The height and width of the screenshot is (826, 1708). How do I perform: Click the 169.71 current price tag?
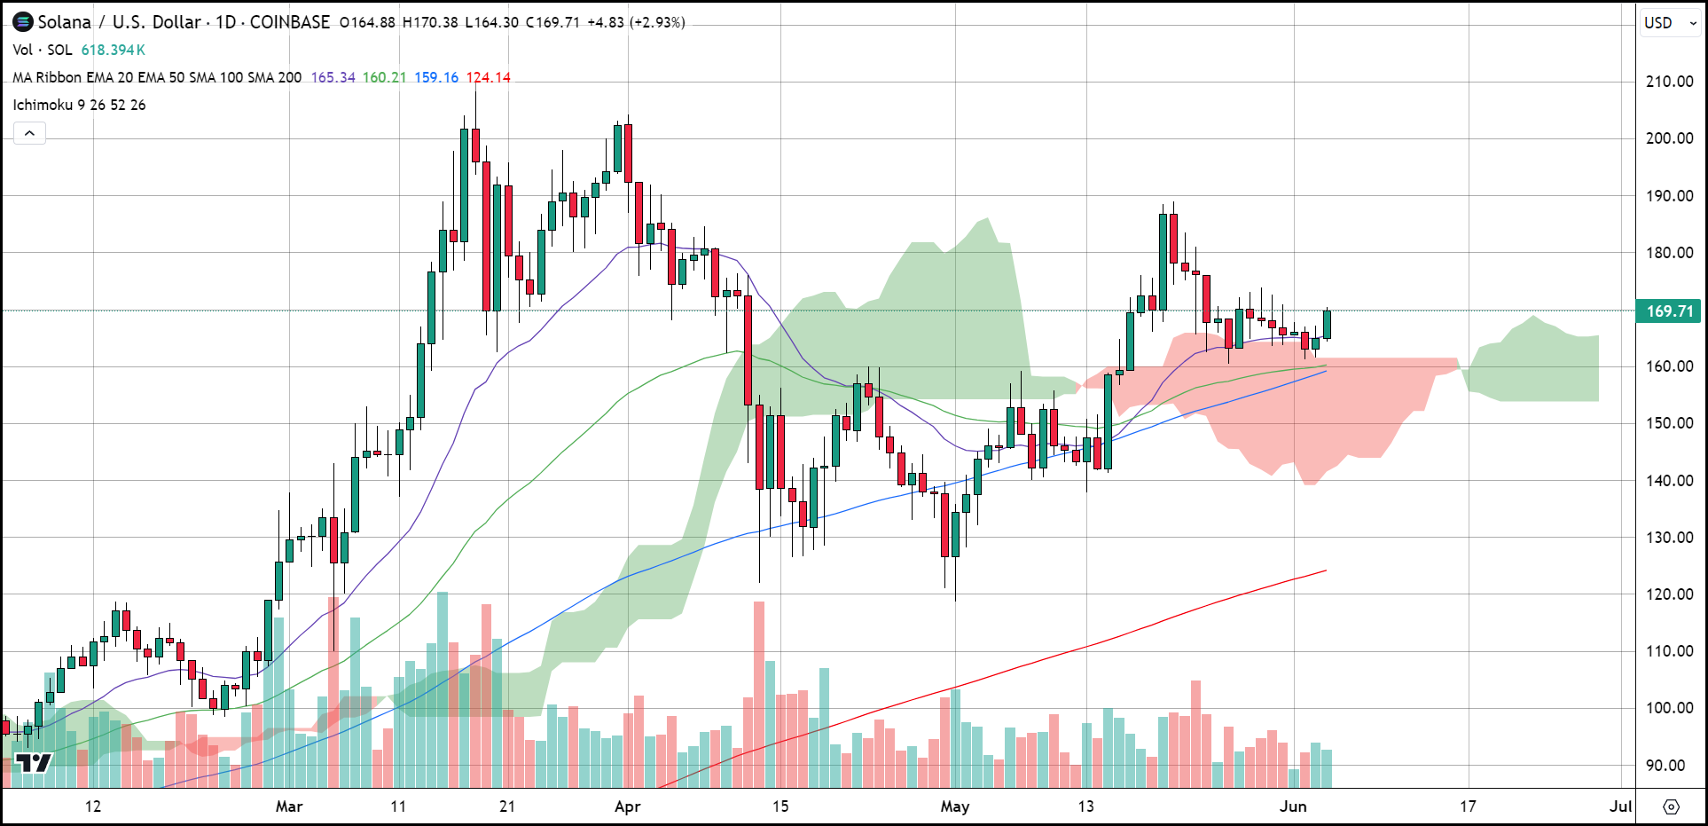(x=1670, y=311)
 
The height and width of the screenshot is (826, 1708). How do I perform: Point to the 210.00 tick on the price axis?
(x=1670, y=82)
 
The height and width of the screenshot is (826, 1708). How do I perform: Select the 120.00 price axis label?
(x=1670, y=594)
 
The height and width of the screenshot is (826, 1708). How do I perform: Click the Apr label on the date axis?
(x=627, y=806)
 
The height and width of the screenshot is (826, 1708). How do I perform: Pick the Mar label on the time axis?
(x=289, y=806)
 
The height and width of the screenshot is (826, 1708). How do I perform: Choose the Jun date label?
(x=1293, y=806)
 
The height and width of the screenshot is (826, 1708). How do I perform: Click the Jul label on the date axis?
(x=1620, y=806)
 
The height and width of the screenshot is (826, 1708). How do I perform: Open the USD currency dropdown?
(x=1670, y=23)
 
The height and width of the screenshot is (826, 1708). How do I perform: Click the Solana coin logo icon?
(x=22, y=22)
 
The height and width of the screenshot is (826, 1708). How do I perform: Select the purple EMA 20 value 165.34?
(x=333, y=77)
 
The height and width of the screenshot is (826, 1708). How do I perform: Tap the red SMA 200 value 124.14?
(x=489, y=77)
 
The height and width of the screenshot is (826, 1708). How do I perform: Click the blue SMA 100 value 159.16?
(x=436, y=77)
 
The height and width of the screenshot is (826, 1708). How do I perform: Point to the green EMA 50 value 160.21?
(x=384, y=77)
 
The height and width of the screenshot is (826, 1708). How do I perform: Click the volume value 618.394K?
(x=114, y=51)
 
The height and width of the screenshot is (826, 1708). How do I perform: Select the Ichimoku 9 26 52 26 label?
(x=79, y=105)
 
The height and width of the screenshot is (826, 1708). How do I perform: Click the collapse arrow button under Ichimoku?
(x=29, y=133)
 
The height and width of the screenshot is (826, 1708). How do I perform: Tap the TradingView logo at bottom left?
(x=34, y=763)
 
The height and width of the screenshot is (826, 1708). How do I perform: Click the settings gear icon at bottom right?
(x=1671, y=806)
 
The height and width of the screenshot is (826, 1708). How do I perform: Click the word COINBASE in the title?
(x=289, y=22)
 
